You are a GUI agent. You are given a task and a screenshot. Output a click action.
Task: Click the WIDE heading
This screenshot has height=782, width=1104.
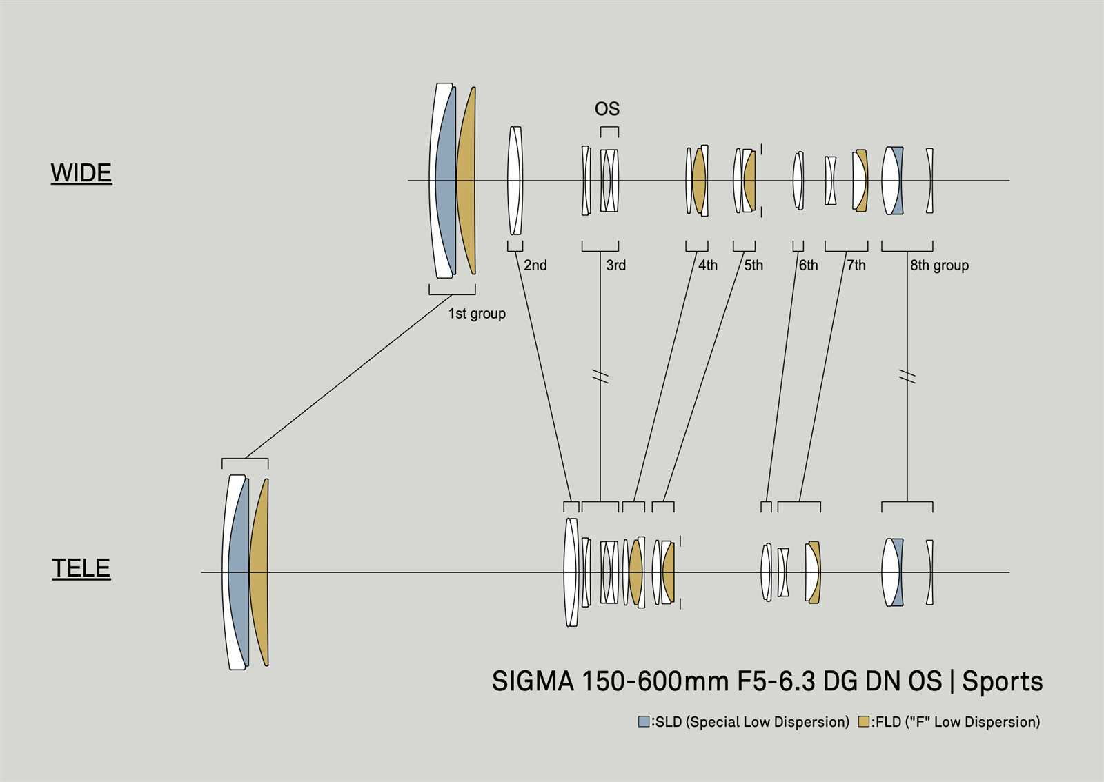[x=81, y=173]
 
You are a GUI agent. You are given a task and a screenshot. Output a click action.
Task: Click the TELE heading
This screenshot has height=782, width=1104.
[x=81, y=568]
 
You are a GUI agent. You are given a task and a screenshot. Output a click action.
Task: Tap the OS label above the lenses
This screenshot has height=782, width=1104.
[x=607, y=109]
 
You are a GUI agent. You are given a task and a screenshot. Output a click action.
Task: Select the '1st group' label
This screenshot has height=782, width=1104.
[x=477, y=314]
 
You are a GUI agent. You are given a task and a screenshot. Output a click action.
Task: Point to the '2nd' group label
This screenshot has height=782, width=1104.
[x=535, y=265]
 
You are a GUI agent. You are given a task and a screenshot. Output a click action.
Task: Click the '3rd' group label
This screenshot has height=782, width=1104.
[x=616, y=265]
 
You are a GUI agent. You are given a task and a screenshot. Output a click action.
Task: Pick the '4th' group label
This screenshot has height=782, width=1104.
[x=708, y=265]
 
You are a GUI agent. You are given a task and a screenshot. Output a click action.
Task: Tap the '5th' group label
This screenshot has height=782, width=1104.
[x=753, y=265]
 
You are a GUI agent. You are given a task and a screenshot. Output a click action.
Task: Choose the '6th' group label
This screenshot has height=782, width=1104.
[x=808, y=265]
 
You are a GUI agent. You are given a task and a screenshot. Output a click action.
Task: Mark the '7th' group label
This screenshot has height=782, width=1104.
[x=856, y=265]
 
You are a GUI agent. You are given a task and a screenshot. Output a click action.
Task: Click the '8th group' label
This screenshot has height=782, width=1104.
[x=939, y=265]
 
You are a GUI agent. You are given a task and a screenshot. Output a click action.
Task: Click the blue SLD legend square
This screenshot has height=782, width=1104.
[x=644, y=722]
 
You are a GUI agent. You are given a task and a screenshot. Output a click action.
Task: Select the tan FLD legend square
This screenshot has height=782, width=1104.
[x=863, y=722]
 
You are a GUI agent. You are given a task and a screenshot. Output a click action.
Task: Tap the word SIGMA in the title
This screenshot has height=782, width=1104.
[x=533, y=681]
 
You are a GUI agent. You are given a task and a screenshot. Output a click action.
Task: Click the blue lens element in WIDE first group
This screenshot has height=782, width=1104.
[x=446, y=181]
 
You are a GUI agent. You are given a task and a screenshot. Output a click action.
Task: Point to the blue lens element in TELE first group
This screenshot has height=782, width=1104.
[x=239, y=572]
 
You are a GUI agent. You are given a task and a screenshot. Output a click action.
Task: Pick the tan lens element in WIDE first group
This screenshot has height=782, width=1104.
[x=466, y=181]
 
